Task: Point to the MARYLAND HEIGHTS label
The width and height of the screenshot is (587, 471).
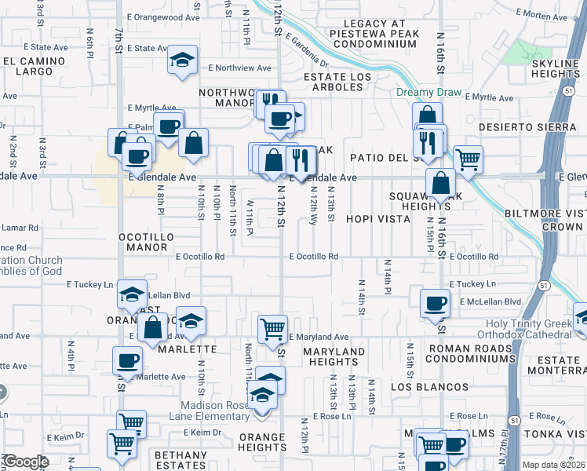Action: click(334, 356)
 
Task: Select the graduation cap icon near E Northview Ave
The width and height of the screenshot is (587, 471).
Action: click(182, 60)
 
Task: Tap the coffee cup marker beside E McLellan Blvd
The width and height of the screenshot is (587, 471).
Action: click(435, 303)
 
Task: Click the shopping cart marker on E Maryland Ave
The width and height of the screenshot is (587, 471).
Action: click(272, 328)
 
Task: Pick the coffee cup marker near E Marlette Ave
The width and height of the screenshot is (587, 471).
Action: click(127, 362)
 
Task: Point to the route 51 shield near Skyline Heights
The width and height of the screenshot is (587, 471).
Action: click(566, 93)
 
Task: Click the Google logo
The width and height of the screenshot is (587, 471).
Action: click(26, 462)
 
